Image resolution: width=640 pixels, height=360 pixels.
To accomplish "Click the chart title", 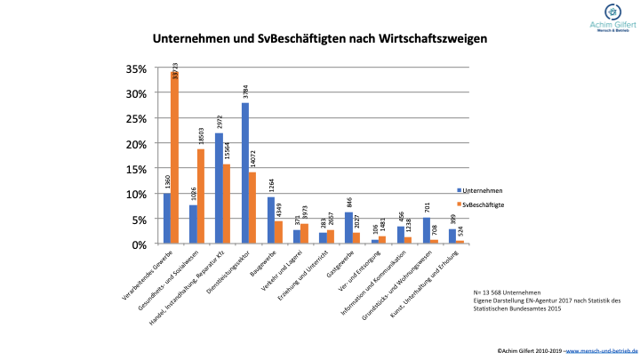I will pos(319,40).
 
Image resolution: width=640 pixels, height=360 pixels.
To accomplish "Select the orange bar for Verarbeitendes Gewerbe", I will pos(175,160).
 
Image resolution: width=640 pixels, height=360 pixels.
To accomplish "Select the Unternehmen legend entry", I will pos(484,189).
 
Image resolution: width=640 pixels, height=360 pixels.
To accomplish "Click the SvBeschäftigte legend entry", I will pos(485,204).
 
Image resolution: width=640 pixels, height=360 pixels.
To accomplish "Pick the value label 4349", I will pos(279,211).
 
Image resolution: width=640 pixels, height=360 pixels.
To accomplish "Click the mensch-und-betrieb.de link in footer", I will pos(602,351).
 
